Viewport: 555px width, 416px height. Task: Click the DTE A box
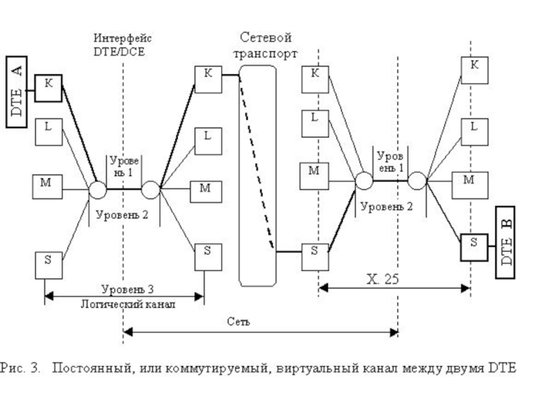[x=17, y=90]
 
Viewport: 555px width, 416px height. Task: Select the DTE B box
[x=505, y=242]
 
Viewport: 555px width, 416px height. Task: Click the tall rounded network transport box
[x=257, y=173]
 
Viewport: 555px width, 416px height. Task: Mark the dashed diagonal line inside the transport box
[x=256, y=159]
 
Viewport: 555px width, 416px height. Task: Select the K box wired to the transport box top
[x=207, y=79]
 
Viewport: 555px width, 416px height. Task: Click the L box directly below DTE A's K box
[x=49, y=131]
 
